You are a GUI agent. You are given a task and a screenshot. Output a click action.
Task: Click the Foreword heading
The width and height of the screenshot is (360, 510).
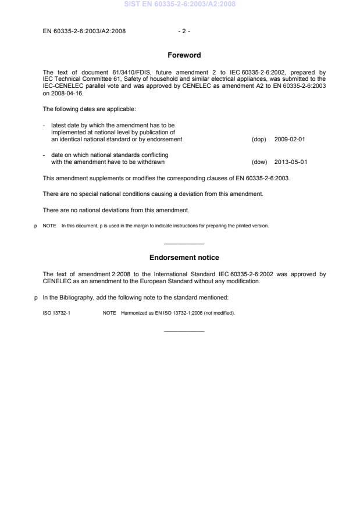[184, 55]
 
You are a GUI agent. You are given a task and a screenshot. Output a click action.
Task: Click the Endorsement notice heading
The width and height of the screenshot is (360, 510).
[184, 257]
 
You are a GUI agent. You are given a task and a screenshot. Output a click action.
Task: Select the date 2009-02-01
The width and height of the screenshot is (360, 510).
[290, 140]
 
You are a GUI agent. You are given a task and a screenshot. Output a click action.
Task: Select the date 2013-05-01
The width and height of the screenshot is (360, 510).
[290, 162]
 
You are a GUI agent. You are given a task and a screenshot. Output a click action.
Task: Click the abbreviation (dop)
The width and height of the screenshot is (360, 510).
[259, 140]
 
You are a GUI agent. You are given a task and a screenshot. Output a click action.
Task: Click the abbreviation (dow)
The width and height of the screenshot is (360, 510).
[259, 162]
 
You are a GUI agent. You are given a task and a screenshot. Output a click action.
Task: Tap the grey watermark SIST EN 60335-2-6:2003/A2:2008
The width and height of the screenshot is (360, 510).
[180, 5]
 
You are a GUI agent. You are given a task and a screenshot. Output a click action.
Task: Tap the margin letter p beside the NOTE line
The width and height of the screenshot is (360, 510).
[36, 226]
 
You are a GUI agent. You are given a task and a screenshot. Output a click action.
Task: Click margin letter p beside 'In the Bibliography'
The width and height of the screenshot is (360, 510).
[36, 297]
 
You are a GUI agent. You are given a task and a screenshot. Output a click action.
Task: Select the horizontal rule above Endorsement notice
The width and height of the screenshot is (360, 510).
[184, 244]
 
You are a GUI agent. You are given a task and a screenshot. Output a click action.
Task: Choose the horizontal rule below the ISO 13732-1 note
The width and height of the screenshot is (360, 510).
[184, 331]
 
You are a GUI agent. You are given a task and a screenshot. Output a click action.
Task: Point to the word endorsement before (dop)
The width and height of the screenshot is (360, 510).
[164, 140]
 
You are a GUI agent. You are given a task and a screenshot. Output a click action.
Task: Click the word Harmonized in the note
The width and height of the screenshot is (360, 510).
[134, 313]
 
